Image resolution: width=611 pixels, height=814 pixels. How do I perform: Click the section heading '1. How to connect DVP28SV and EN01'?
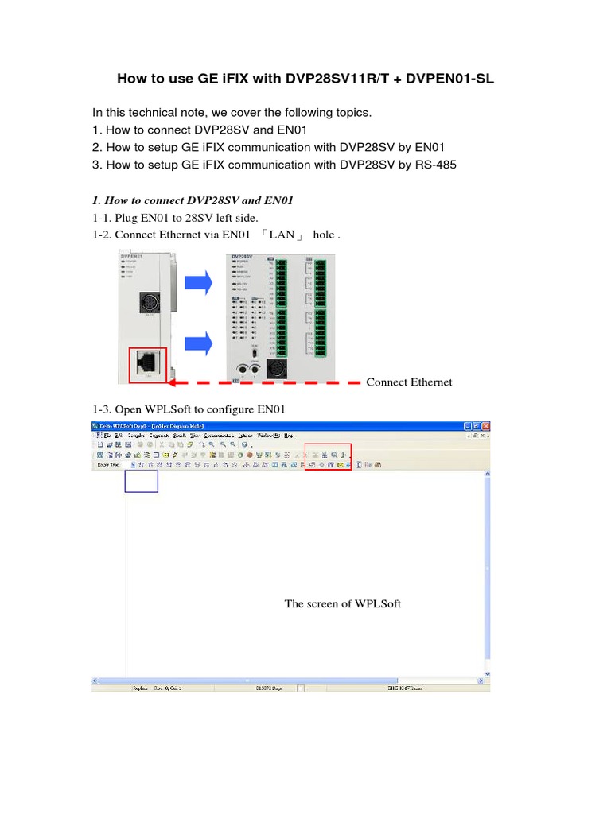click(x=187, y=200)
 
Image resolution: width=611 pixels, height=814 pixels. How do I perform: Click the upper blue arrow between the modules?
click(x=198, y=282)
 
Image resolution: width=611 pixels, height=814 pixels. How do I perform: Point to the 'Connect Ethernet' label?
click(x=409, y=382)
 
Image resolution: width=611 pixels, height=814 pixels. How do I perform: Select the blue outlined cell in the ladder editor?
click(x=142, y=481)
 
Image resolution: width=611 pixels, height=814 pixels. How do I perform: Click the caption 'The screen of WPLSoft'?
click(x=343, y=604)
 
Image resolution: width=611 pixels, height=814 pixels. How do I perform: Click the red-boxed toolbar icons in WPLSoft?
click(x=328, y=456)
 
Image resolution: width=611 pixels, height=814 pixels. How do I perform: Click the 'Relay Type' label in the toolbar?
click(x=108, y=465)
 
